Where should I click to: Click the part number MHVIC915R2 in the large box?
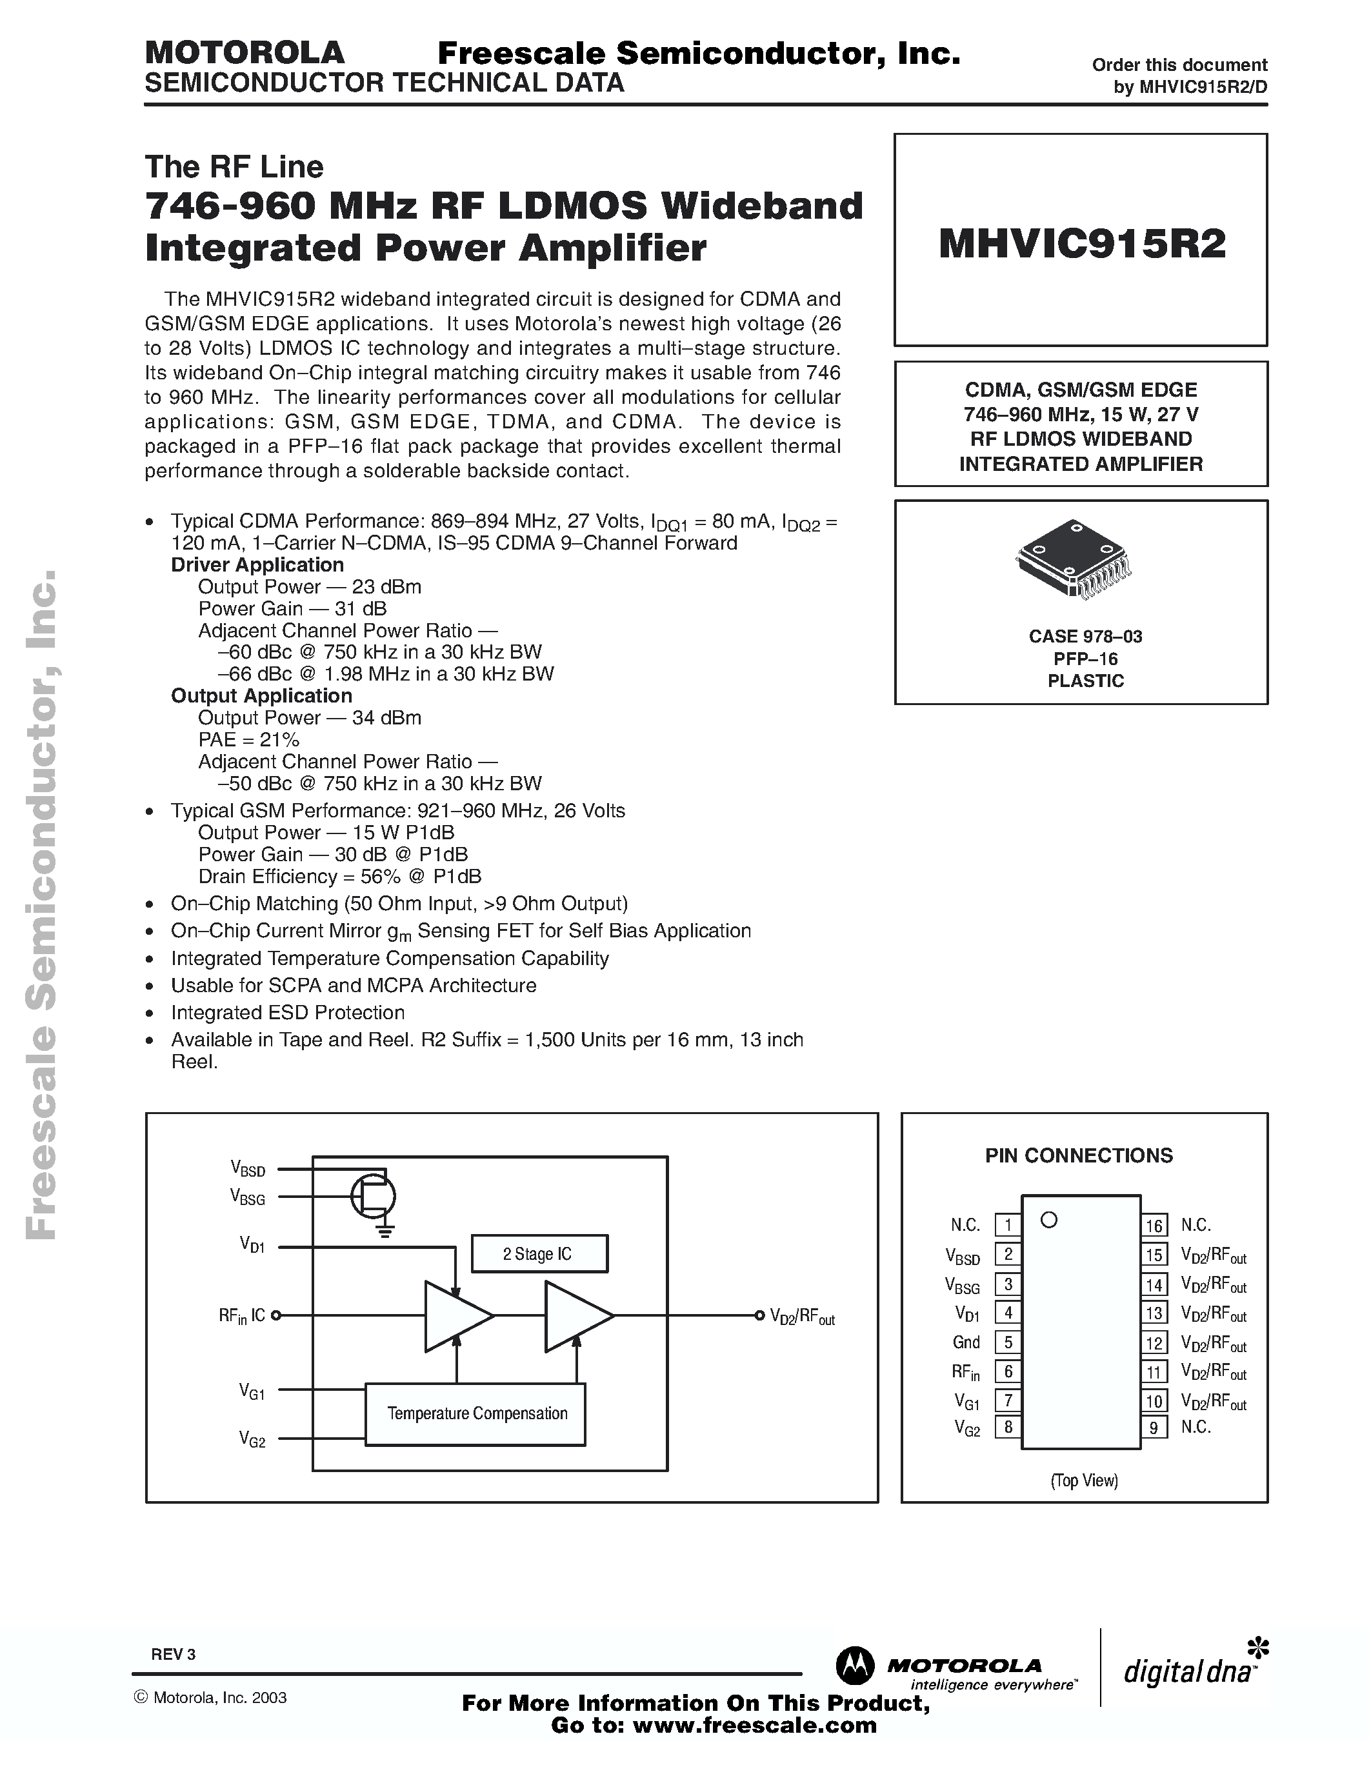click(1081, 244)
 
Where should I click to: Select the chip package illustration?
click(1074, 558)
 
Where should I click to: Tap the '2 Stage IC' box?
click(539, 1253)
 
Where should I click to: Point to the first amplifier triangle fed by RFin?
click(455, 1316)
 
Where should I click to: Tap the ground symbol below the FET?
click(385, 1231)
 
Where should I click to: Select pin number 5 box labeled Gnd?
click(1008, 1342)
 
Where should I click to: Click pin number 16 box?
click(1154, 1225)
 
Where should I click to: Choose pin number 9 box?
click(1154, 1427)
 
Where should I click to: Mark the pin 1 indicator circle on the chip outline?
click(1048, 1220)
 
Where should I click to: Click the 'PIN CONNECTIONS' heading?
click(1079, 1155)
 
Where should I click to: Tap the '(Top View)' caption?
click(1085, 1480)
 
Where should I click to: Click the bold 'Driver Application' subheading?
click(257, 564)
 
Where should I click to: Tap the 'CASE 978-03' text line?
click(1085, 636)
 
